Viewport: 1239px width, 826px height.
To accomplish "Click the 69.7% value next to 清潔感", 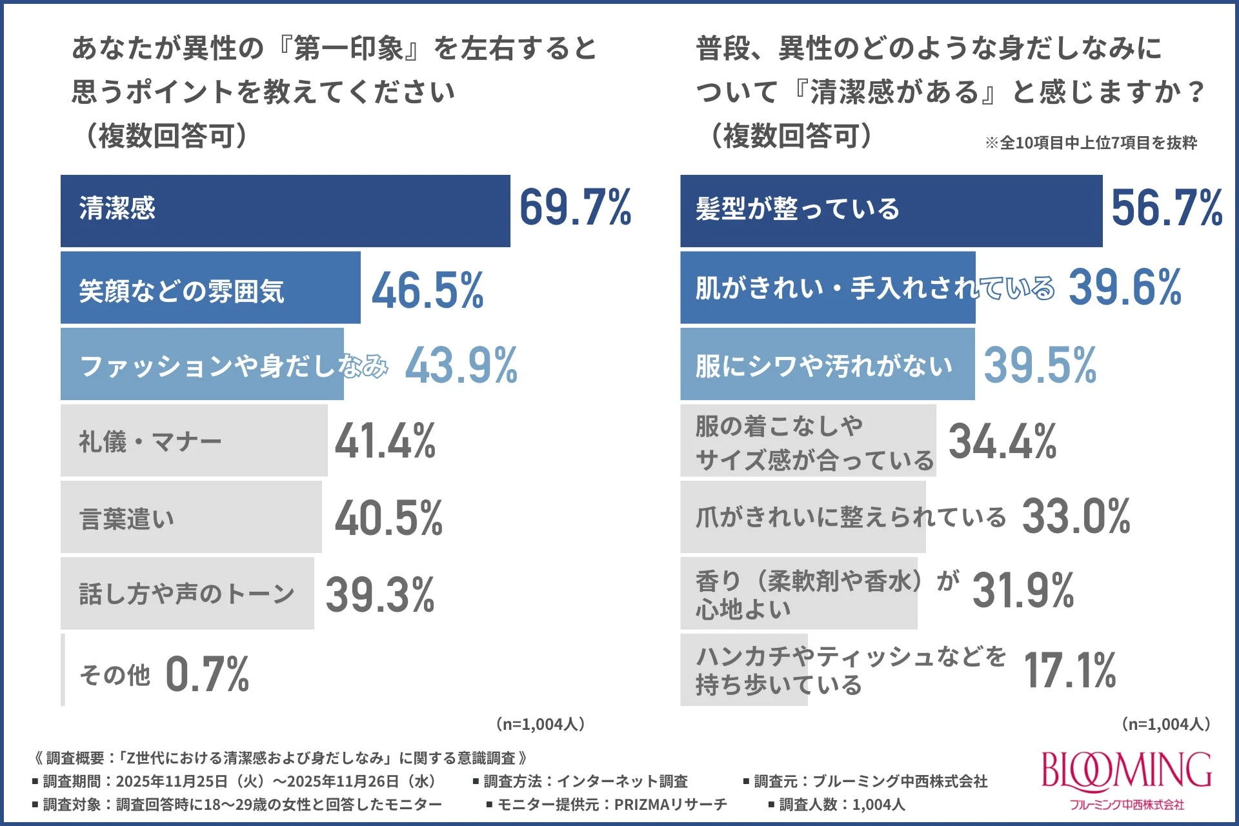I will pos(575,208).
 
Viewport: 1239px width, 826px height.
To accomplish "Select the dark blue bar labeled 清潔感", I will pos(285,211).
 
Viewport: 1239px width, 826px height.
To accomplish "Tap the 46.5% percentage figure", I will pos(427,290).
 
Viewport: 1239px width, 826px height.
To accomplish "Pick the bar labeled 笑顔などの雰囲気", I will pos(210,288).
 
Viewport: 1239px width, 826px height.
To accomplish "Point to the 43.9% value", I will pos(461,366).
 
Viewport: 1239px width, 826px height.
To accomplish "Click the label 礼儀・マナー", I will pos(150,442).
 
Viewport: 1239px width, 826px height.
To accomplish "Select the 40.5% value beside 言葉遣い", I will pos(388,518).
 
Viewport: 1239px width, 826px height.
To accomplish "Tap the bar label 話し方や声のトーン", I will pos(186,594).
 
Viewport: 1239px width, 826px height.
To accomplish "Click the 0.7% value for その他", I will pos(207,674).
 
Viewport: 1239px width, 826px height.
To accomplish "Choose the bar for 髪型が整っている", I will pos(891,211).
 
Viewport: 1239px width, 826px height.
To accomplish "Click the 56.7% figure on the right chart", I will pos(1167,208).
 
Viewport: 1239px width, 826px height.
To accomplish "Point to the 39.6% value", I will pos(1125,288).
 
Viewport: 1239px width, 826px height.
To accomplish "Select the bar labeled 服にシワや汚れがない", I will pos(827,365).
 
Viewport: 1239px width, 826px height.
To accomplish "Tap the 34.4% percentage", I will pos(1002,441).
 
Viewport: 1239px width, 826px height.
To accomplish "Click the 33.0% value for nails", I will pos(1076,517).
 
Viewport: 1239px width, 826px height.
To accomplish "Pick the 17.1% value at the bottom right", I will pos(1069,670).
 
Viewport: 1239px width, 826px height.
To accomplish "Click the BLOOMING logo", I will pos(1126,780).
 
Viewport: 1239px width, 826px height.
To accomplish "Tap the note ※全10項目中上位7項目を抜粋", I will pos(1091,143).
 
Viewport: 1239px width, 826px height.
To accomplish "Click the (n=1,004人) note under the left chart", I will pos(540,724).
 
